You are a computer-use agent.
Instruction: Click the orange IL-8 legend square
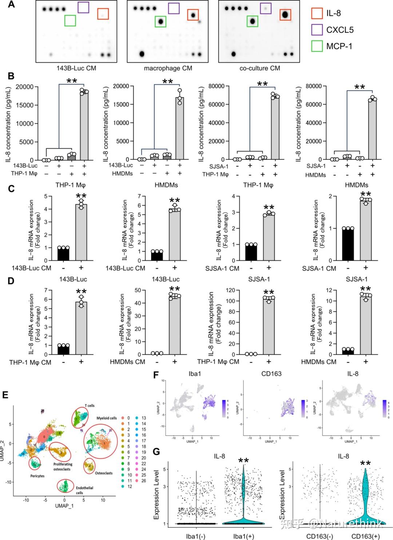click(x=317, y=13)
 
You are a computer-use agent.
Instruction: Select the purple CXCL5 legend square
click(x=317, y=30)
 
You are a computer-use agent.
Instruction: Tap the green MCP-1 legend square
click(x=317, y=46)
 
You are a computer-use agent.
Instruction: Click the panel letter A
click(x=11, y=5)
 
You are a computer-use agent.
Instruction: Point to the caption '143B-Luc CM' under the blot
click(x=76, y=68)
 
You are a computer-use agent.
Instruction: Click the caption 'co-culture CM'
click(x=260, y=68)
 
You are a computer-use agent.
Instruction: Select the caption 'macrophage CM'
click(x=168, y=68)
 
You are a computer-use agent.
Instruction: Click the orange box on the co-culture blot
click(x=285, y=15)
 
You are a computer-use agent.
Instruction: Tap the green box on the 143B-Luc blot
click(x=70, y=20)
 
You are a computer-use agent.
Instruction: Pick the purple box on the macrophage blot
click(x=174, y=8)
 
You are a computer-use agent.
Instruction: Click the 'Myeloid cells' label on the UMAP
click(x=107, y=418)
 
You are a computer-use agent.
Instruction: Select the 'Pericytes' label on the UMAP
click(x=37, y=476)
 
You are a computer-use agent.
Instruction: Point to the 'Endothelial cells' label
click(x=84, y=490)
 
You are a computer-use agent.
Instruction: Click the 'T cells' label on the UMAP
click(x=90, y=406)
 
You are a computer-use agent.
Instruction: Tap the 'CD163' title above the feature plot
click(x=271, y=373)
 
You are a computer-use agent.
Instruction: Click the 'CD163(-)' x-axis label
click(x=319, y=536)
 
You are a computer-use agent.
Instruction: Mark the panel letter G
click(x=156, y=452)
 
